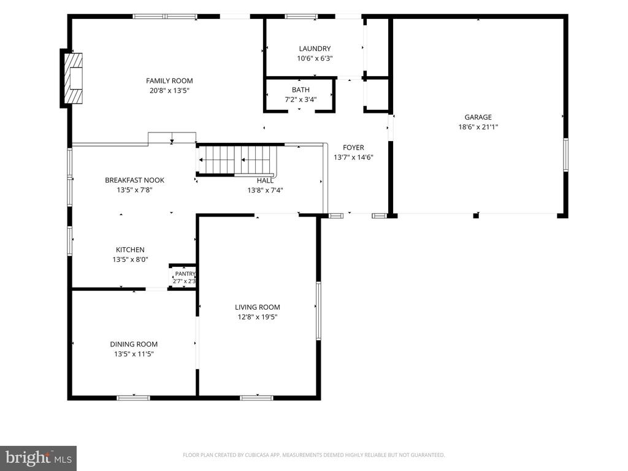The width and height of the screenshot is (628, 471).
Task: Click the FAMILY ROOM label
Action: (x=169, y=81)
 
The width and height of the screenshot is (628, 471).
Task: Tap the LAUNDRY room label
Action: (x=315, y=48)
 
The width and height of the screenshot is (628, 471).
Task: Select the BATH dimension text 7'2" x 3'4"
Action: (x=301, y=99)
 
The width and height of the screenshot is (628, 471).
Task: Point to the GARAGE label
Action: (x=478, y=117)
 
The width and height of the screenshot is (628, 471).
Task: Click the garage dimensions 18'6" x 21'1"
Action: (x=478, y=127)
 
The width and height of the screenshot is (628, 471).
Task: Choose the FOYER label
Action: (x=353, y=147)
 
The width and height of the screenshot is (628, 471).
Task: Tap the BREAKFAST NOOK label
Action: (x=134, y=180)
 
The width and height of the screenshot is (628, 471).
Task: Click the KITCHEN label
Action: (x=130, y=250)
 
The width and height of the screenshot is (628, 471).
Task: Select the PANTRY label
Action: (x=185, y=274)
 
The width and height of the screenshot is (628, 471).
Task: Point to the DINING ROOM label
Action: (x=134, y=344)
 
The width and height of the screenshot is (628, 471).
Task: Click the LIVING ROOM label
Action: (x=257, y=307)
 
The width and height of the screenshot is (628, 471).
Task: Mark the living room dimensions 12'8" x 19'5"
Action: (x=257, y=317)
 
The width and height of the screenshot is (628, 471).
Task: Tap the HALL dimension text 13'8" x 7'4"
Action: (x=265, y=190)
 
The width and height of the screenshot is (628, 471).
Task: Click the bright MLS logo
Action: (x=39, y=458)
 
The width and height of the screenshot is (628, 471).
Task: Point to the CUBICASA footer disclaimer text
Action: (x=313, y=455)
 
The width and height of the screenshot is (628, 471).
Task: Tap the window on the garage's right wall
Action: (x=566, y=155)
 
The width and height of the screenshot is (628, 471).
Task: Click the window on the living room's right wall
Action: (x=318, y=310)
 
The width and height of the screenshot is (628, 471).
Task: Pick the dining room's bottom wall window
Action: (x=133, y=397)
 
